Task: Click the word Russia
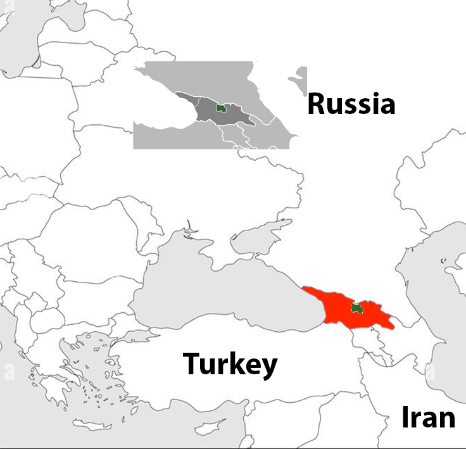click(x=351, y=104)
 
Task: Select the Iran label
click(x=428, y=418)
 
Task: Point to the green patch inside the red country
click(x=356, y=308)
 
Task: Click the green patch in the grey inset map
click(x=221, y=108)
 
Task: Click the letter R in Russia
click(x=317, y=104)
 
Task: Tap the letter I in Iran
click(x=406, y=418)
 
